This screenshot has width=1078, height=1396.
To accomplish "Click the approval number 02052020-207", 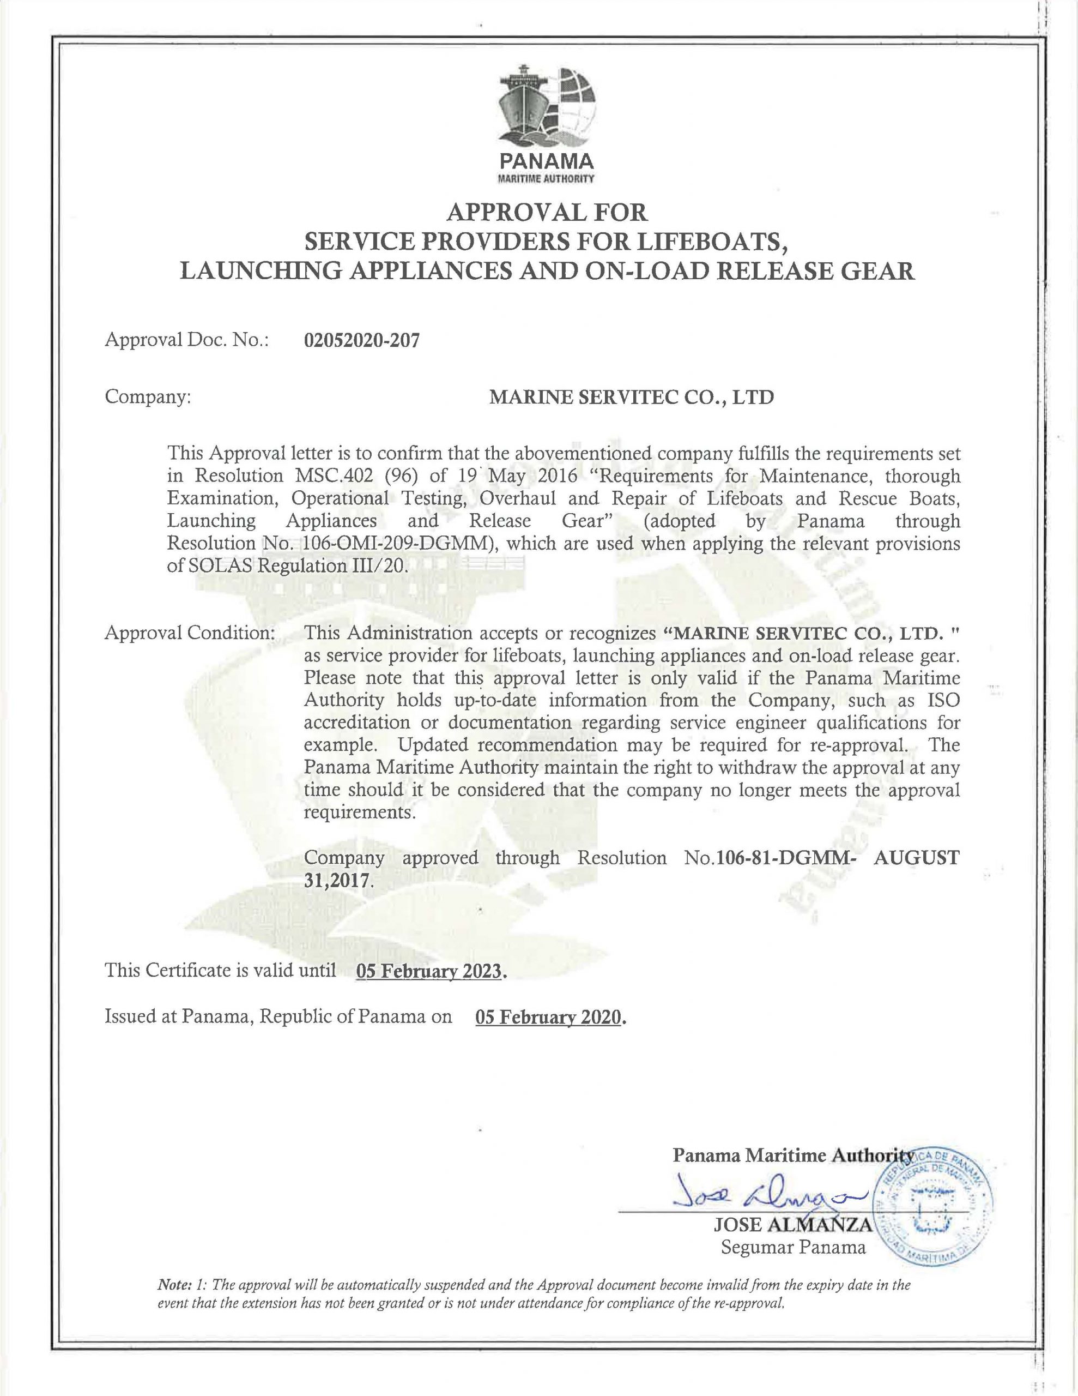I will click(362, 341).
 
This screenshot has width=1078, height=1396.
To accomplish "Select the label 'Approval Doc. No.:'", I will click(186, 341).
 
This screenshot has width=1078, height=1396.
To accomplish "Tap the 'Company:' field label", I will click(148, 397).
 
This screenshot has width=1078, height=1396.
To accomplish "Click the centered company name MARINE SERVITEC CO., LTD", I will click(631, 397).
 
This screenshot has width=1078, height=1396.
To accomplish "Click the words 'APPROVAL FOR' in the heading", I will click(546, 212).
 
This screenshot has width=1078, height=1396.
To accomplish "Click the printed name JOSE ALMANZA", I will click(792, 1225).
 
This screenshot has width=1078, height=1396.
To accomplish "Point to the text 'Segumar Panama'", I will click(793, 1247).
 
